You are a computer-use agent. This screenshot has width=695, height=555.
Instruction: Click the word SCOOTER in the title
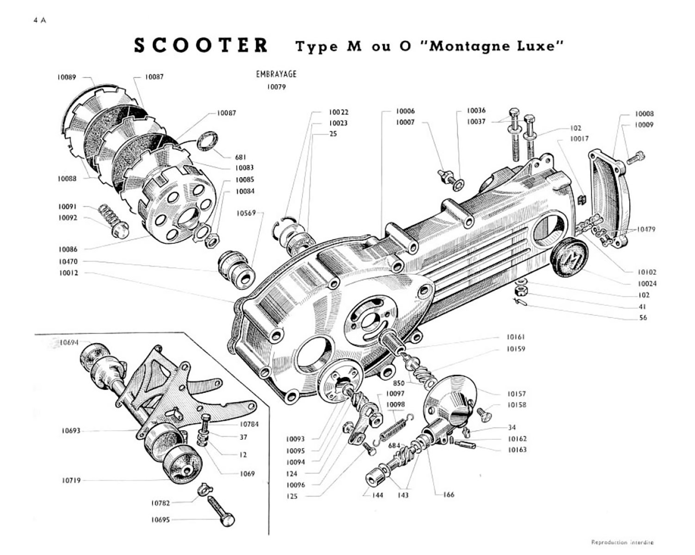coord(201,45)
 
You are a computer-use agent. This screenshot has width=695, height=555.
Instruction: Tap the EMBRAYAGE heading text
coord(276,74)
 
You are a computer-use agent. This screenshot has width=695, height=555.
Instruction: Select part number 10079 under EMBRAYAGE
coord(276,87)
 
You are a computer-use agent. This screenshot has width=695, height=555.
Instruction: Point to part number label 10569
coord(246,213)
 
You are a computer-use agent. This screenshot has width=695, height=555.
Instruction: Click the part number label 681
coord(240,157)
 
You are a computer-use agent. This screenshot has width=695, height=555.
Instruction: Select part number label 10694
coord(69,343)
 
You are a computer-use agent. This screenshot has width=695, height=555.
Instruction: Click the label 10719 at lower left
coord(71,481)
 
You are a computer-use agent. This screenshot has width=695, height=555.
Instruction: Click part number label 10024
coord(647,284)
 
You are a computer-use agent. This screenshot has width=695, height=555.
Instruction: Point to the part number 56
coord(643,318)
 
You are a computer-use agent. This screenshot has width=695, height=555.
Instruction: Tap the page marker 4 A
coord(40,20)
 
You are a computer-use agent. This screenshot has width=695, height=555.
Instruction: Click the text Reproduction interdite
coord(622,542)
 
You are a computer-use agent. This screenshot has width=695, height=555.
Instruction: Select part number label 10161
coord(516,337)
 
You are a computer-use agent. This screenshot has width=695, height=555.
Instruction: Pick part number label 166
coord(449,494)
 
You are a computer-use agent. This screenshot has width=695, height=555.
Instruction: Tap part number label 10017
coord(579,139)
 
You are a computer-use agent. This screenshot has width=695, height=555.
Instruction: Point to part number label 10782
coord(160,503)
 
